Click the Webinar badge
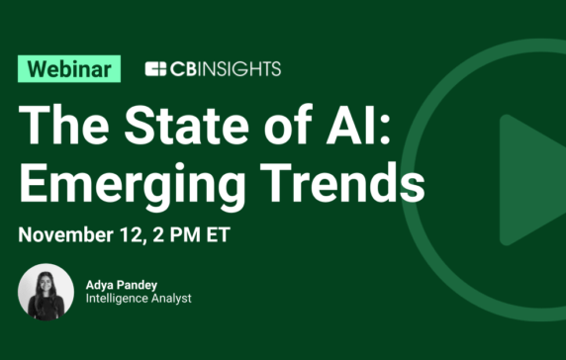(x=69, y=68)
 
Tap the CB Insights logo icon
(x=154, y=68)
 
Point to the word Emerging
(x=129, y=184)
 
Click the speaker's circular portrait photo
(x=46, y=293)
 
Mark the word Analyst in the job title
(x=167, y=299)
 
